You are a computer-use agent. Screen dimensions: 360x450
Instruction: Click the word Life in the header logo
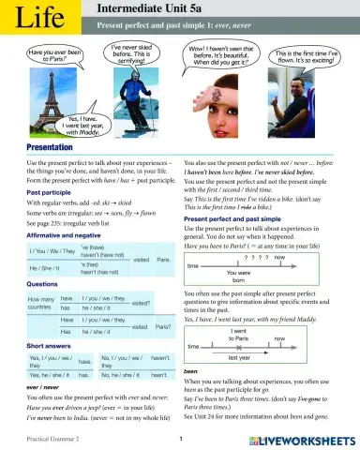tap(29, 18)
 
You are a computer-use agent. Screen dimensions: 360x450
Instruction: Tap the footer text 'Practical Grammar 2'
tap(32, 439)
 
